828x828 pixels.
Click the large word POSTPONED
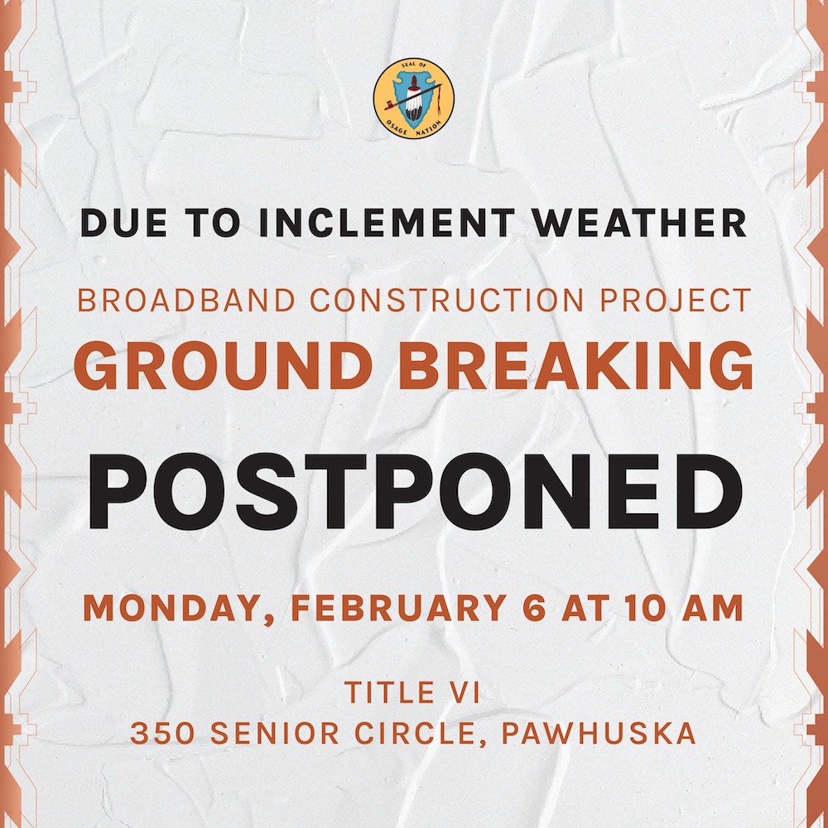414,494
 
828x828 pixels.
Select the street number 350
160,734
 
